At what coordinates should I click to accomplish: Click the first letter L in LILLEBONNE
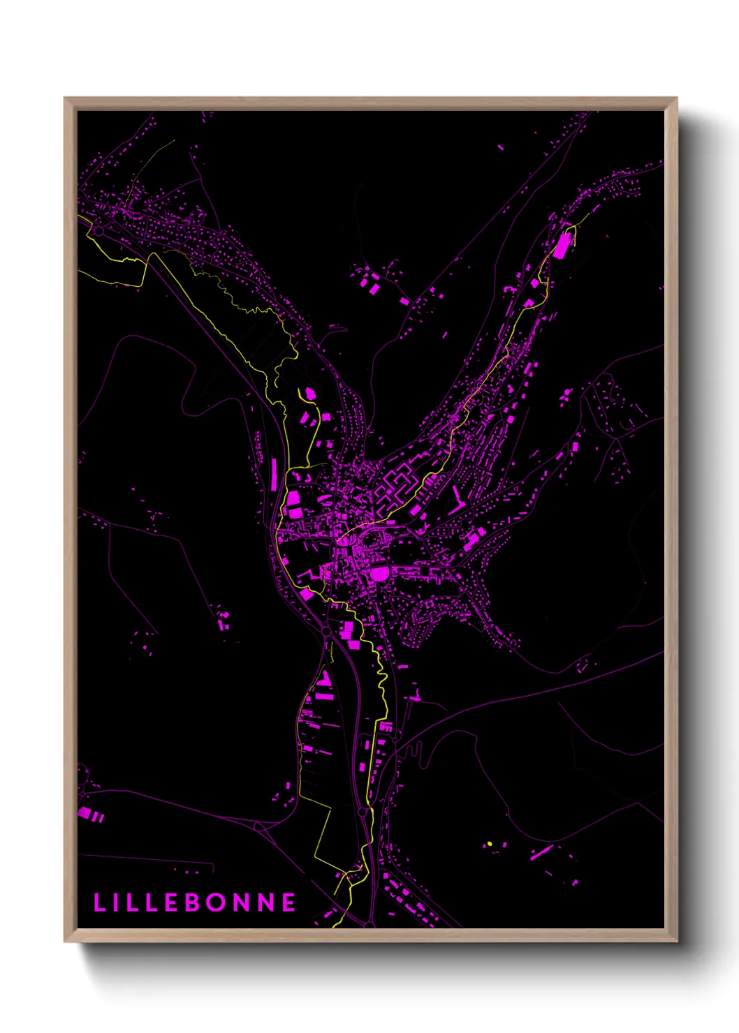click(99, 902)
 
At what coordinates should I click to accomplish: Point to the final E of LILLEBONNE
click(289, 902)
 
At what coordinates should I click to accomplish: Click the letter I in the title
click(118, 902)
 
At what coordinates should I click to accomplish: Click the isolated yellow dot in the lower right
click(490, 844)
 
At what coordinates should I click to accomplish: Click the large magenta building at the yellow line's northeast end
click(562, 246)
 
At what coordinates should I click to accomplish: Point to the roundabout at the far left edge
click(99, 230)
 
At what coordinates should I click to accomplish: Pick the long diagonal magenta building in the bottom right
click(541, 852)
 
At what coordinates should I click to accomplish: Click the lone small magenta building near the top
click(500, 147)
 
